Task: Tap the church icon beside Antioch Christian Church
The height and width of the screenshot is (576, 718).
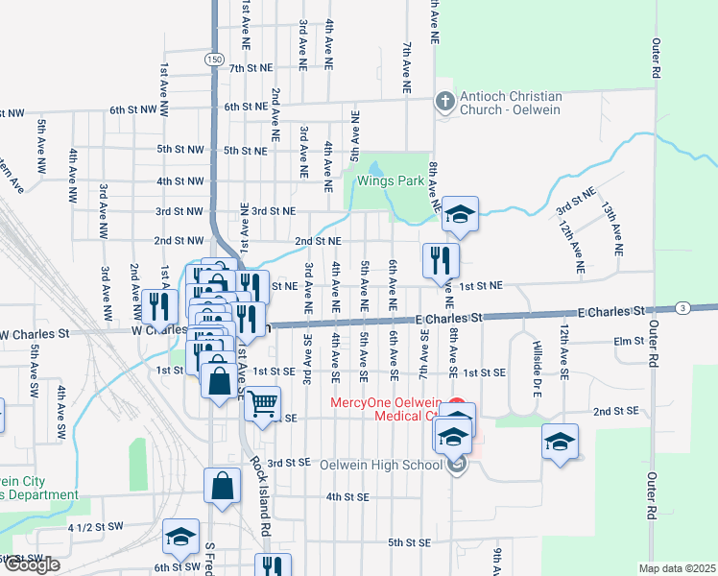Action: [x=443, y=100]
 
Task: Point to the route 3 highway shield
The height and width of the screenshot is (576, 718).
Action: [x=682, y=307]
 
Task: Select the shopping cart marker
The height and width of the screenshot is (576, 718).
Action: [x=262, y=403]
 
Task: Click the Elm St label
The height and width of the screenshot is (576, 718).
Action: [x=628, y=341]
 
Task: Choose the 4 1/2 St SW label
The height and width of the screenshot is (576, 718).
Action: [x=96, y=527]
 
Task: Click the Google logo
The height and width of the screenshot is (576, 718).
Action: [x=31, y=564]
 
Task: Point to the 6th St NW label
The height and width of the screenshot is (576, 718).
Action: [x=133, y=110]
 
